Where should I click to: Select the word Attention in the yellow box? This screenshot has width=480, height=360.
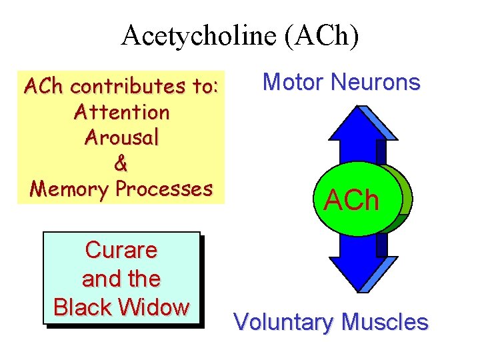122,112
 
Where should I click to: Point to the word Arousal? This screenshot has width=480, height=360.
122,137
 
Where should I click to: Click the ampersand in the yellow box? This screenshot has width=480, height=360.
122,163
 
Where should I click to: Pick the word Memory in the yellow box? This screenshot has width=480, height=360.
71,189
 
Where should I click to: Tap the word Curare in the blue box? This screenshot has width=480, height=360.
121,251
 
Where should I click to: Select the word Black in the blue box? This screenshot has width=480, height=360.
85,307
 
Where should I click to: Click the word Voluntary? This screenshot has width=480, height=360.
283,323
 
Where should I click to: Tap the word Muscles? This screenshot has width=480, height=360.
384,323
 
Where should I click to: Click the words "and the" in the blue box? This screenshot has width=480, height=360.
121,279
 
